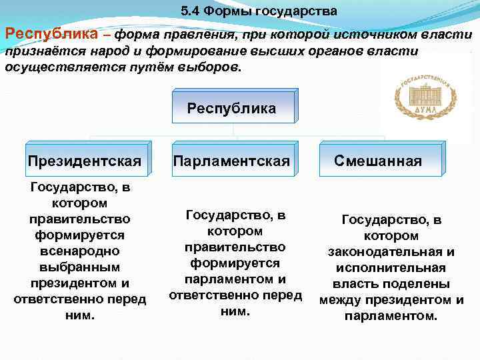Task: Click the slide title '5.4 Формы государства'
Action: pyautogui.click(x=259, y=11)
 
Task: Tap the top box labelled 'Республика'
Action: pyautogui.click(x=231, y=109)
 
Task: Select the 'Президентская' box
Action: pyautogui.click(x=85, y=161)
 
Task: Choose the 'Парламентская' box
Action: pyautogui.click(x=231, y=161)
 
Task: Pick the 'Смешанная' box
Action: pyautogui.click(x=378, y=161)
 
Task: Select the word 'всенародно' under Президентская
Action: pyautogui.click(x=79, y=251)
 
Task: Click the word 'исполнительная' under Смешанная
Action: pyautogui.click(x=391, y=268)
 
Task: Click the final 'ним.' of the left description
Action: pyautogui.click(x=79, y=315)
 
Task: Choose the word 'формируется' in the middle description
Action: pyautogui.click(x=235, y=263)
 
